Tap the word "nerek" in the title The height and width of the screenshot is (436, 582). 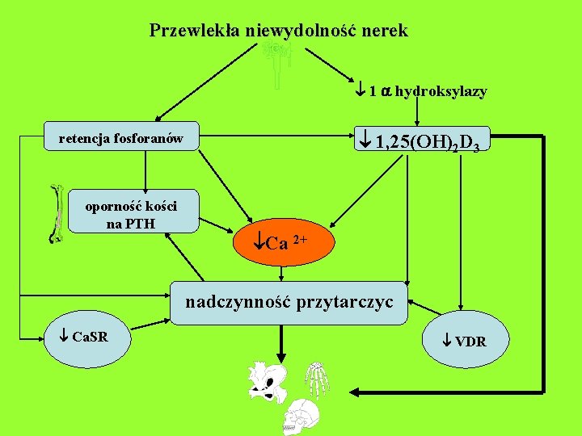click(x=385, y=31)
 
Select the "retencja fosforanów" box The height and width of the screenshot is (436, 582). click(x=121, y=139)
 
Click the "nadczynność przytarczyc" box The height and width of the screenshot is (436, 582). click(x=289, y=304)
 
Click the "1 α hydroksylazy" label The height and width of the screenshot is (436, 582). click(x=421, y=91)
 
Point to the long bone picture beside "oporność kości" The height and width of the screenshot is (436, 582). click(x=57, y=214)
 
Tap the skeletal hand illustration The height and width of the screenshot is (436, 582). click(x=316, y=379)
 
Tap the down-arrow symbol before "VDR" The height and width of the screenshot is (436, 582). click(x=449, y=342)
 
